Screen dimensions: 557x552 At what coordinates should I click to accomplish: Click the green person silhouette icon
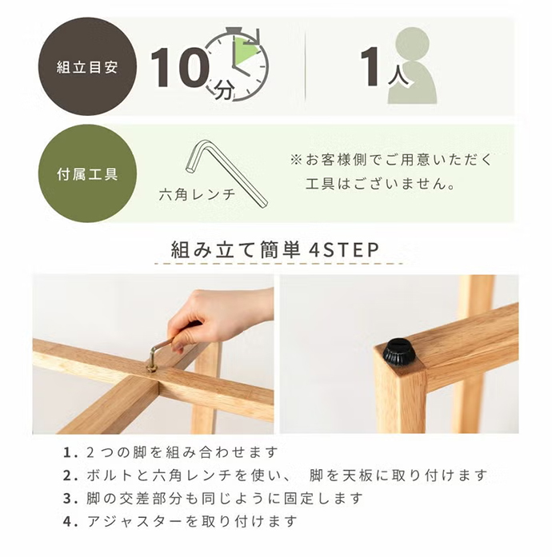coord(413,67)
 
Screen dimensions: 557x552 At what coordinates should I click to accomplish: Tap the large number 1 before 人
coord(371,67)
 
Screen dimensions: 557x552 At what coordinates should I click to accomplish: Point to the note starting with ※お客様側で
coord(393,158)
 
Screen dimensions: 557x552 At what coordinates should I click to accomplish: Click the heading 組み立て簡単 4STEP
coord(276,249)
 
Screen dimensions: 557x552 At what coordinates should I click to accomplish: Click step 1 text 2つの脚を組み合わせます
coord(181,452)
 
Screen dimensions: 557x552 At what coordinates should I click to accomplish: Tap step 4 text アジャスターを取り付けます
coord(181,521)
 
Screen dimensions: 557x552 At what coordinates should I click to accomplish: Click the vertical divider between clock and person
coord(306,67)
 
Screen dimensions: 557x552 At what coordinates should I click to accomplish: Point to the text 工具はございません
coord(381,184)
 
